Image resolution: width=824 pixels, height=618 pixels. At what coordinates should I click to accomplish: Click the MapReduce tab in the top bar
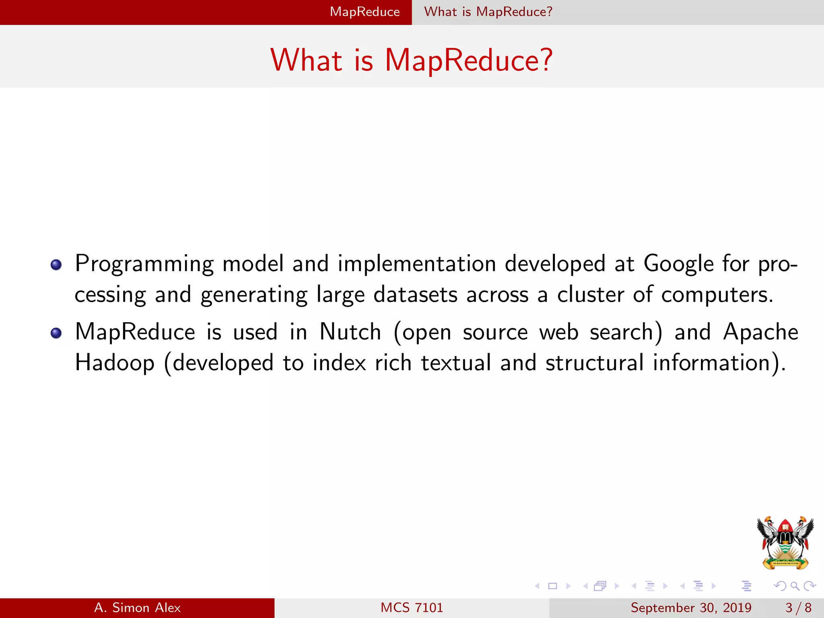pos(365,12)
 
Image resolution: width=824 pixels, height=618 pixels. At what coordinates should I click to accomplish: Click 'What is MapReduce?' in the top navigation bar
pos(488,12)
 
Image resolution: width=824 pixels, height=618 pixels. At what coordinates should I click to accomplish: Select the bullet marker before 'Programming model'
pos(56,265)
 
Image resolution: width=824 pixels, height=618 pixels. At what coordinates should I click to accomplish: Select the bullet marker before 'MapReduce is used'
pos(56,333)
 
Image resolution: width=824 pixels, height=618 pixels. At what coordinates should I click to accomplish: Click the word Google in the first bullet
pos(678,264)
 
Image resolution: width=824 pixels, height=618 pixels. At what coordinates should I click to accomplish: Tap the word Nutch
pos(350,332)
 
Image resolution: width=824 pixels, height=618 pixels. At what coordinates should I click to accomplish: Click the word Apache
pos(760,332)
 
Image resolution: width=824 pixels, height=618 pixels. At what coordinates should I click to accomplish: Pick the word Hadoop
pos(115,363)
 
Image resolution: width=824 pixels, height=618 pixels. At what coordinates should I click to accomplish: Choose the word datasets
pos(415,295)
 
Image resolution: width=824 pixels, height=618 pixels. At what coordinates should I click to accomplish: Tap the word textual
pos(456,363)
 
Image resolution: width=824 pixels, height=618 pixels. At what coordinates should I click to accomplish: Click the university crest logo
pos(785,542)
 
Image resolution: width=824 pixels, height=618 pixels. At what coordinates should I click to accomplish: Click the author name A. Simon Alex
pos(137,608)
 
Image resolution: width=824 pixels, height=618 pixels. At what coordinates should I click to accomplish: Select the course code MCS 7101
pos(412,608)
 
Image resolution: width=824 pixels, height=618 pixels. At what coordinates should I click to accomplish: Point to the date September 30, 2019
pos(690,608)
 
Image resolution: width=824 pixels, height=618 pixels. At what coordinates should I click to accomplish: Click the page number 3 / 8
pos(798,608)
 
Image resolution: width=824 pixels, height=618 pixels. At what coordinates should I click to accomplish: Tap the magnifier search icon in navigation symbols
pos(795,586)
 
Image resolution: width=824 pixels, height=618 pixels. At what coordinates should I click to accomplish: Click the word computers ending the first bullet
pos(717,295)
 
